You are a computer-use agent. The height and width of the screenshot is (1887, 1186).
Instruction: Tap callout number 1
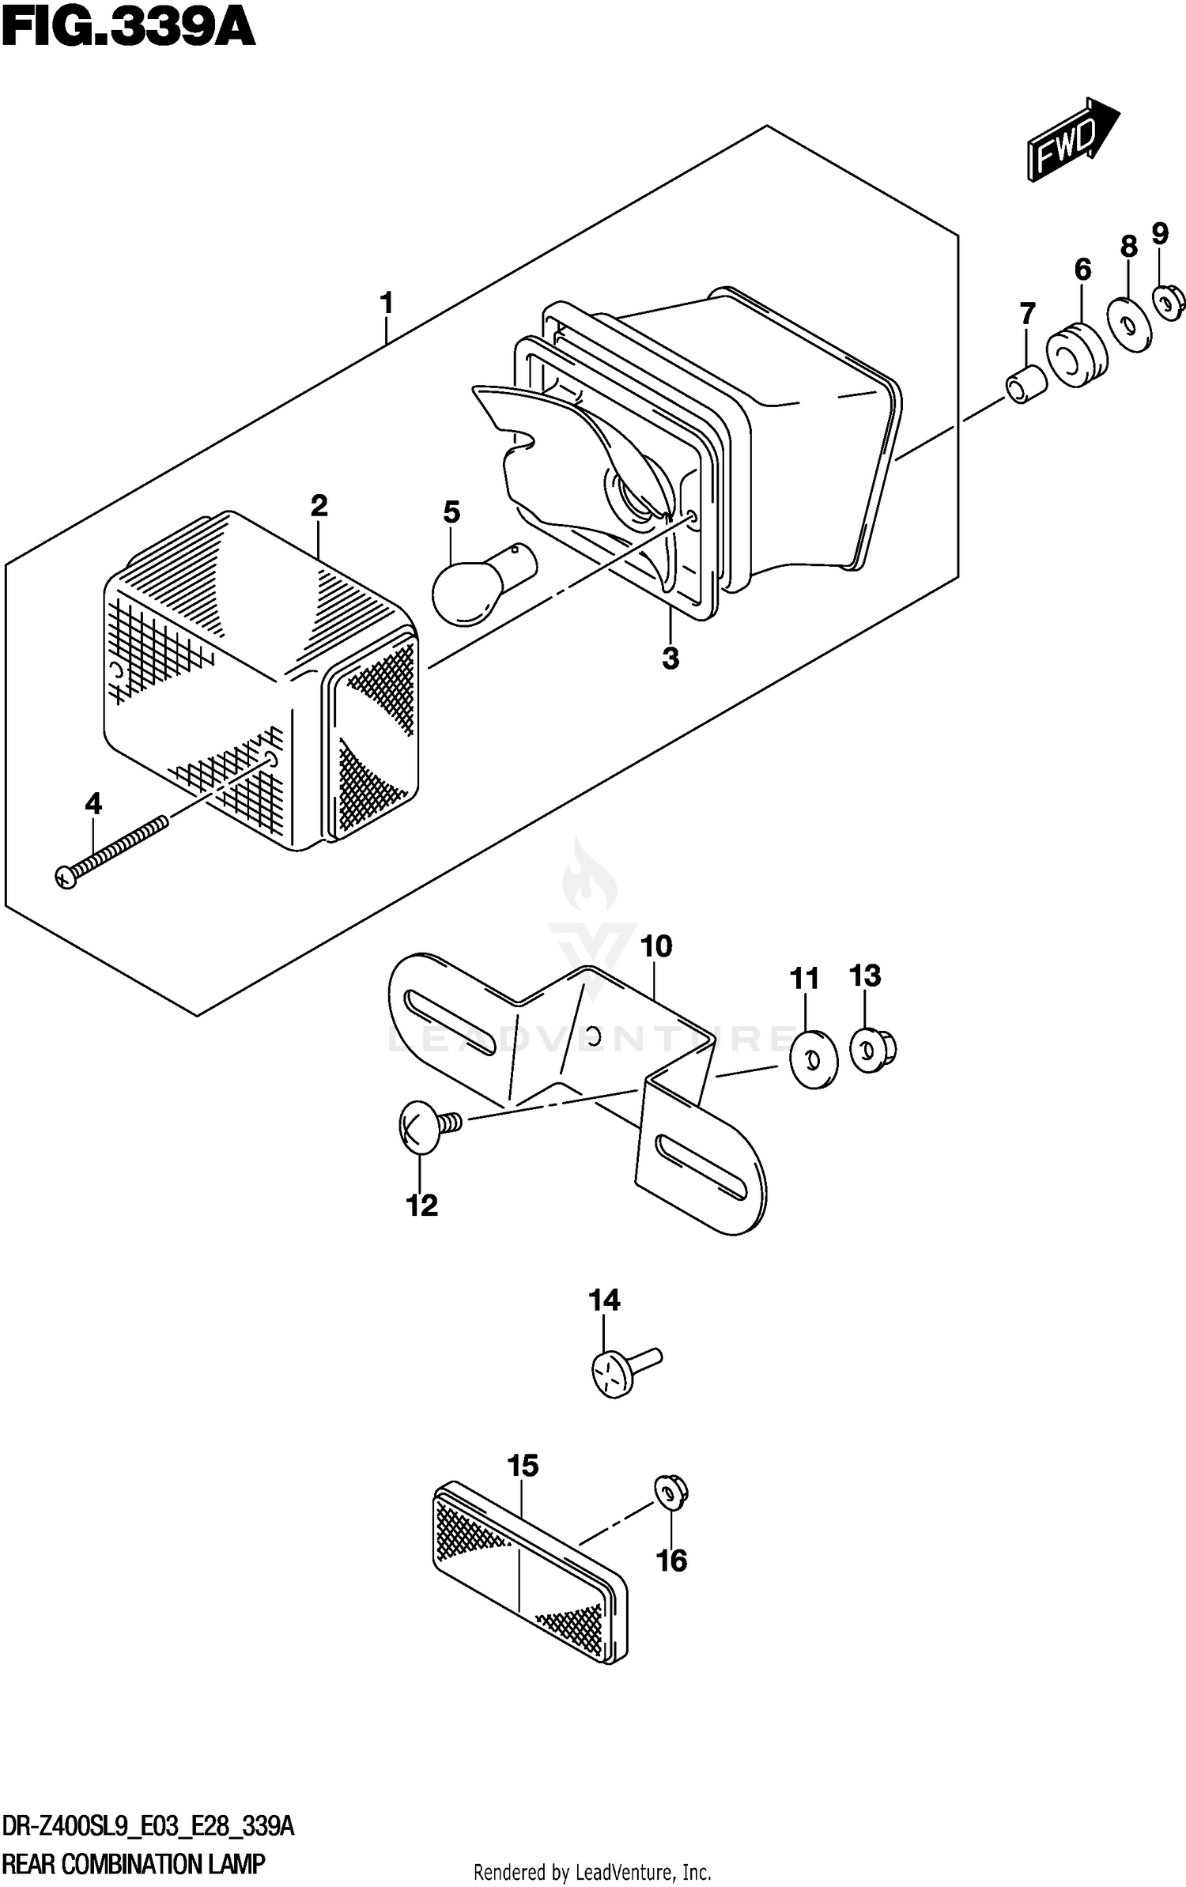pos(386,303)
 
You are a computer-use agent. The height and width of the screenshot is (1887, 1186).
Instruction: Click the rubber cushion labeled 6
pos(1076,355)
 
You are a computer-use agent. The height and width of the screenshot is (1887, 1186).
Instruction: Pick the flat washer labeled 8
pos(1129,323)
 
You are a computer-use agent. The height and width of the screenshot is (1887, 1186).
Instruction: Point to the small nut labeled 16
pos(671,1493)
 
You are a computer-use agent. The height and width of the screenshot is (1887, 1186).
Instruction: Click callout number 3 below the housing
pos(670,658)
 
